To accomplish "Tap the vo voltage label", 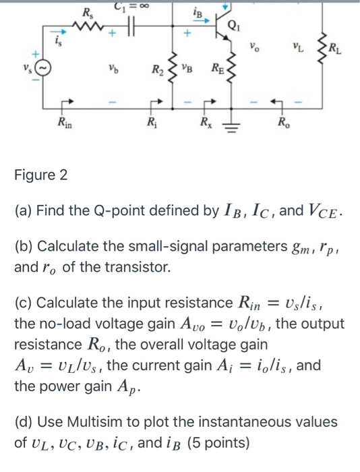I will coord(253,49).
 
